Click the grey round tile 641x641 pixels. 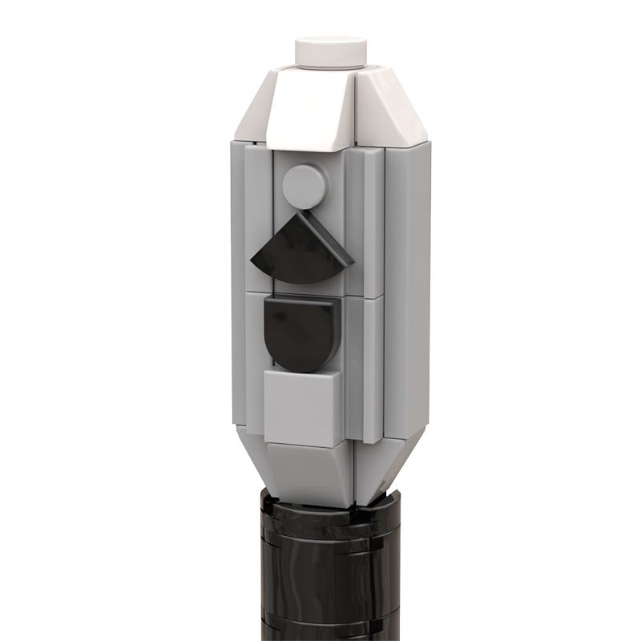click(306, 186)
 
